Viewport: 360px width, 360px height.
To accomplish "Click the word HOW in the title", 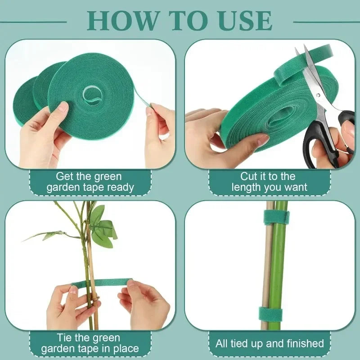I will [120, 20].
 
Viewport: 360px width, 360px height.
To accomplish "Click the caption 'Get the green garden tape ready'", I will [90, 182].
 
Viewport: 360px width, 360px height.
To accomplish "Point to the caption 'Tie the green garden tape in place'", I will [90, 343].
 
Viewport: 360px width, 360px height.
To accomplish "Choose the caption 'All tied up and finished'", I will [270, 344].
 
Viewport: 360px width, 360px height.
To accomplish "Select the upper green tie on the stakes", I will [276, 217].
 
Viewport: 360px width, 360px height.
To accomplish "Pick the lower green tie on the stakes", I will [276, 314].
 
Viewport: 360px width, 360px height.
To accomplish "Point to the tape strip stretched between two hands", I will [101, 283].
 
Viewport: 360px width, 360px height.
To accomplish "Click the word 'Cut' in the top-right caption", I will [249, 176].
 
